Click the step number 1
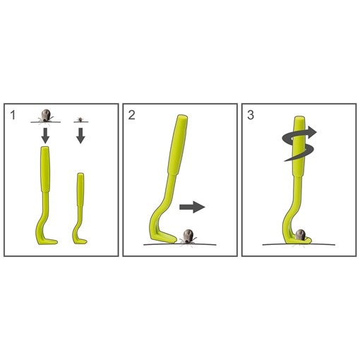click(x=13, y=115)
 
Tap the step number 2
click(x=131, y=115)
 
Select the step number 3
click(x=251, y=115)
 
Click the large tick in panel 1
click(x=45, y=116)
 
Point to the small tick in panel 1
click(x=80, y=120)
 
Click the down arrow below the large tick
click(x=45, y=136)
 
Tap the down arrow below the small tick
click(x=80, y=136)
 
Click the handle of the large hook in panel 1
click(x=45, y=169)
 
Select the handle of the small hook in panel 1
click(x=80, y=189)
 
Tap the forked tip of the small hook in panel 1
click(x=83, y=241)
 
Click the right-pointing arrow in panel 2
click(x=192, y=207)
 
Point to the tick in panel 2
click(x=188, y=237)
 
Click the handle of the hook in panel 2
click(x=178, y=145)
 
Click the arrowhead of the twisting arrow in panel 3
click(x=312, y=132)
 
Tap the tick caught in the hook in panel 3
click(x=300, y=235)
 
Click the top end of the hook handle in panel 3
click(x=300, y=117)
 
